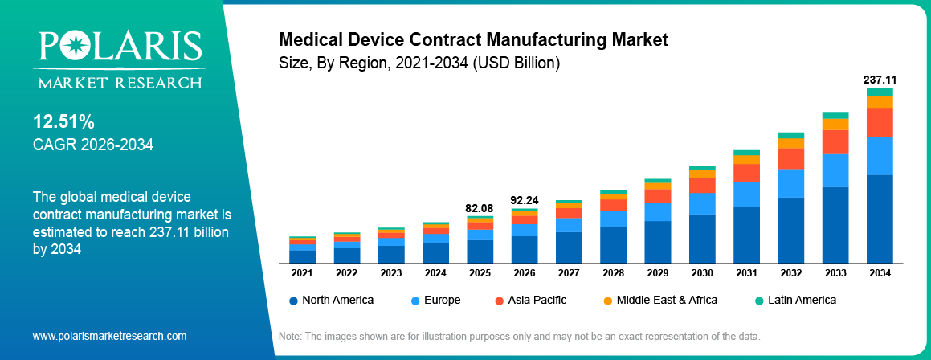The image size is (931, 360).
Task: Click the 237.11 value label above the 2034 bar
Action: coord(880,80)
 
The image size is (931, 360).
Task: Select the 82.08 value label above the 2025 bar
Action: coord(480,208)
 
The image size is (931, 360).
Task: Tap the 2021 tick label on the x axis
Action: coord(302,273)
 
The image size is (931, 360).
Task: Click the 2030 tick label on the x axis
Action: coord(702,273)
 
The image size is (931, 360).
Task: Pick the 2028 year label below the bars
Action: coord(613,273)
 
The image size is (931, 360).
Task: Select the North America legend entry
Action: coord(331,300)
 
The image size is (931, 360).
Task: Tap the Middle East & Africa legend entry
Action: coord(659,300)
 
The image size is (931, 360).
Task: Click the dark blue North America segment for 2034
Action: coord(880,219)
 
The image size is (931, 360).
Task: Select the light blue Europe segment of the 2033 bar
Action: coord(835,170)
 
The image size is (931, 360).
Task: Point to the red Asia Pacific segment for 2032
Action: coord(791,158)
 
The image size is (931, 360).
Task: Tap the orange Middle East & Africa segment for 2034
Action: coord(880,102)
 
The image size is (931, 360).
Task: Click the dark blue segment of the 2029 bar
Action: coord(658,241)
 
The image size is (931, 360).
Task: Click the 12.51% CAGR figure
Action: coord(64,122)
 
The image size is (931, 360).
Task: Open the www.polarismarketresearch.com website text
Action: coord(109,336)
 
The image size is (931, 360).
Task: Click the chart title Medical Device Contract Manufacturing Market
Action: coord(472,39)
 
